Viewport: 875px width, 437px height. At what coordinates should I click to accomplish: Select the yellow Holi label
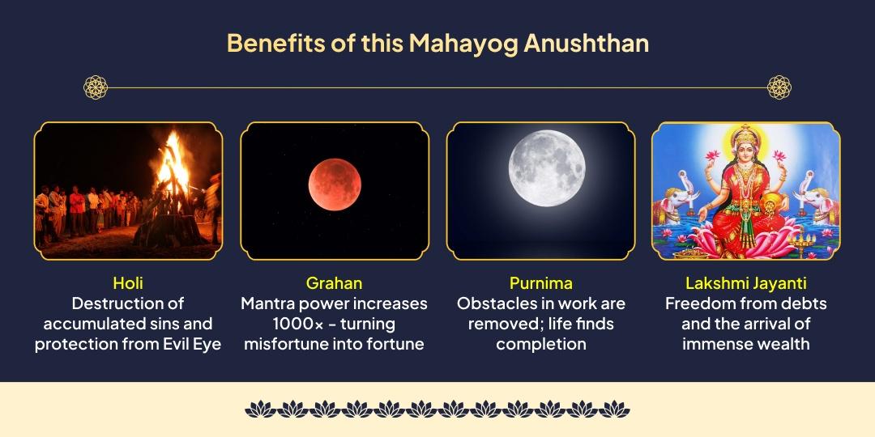point(128,283)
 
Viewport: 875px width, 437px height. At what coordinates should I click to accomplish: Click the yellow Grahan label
point(334,283)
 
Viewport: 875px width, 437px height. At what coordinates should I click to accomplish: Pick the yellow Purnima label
point(540,283)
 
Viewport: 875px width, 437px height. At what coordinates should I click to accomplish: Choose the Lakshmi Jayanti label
point(745,283)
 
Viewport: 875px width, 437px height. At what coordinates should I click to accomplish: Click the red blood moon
point(334,185)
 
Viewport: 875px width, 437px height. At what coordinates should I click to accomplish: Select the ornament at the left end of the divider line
point(96,87)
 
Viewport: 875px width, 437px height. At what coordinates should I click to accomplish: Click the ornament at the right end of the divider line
point(779,87)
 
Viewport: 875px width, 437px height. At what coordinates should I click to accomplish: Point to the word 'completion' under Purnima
point(540,344)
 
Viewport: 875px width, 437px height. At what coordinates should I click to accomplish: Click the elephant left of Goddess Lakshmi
point(683,202)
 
